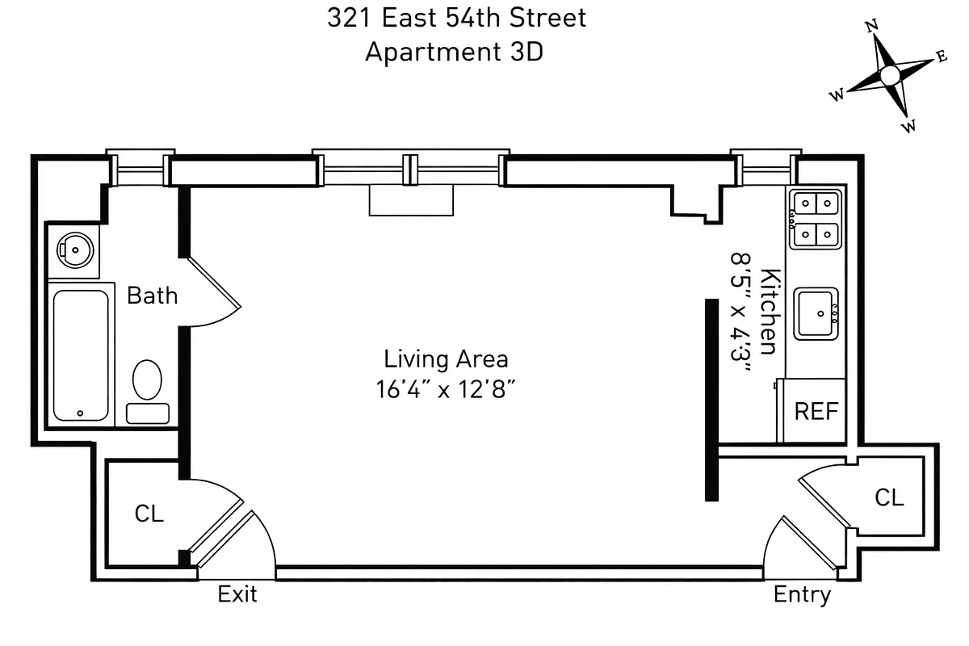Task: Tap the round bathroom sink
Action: click(76, 250)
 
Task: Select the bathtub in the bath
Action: click(81, 354)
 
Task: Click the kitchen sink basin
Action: click(816, 313)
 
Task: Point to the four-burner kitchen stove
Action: click(815, 219)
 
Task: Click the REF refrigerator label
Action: click(816, 411)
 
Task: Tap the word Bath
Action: click(152, 296)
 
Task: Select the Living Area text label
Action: click(446, 358)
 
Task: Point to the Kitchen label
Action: click(770, 311)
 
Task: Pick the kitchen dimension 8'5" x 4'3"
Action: click(740, 311)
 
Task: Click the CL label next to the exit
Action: click(149, 513)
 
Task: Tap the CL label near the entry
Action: click(889, 497)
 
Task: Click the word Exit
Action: click(237, 595)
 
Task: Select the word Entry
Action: click(802, 595)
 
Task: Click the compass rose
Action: click(889, 76)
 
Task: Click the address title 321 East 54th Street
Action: click(456, 18)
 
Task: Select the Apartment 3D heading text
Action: click(454, 52)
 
